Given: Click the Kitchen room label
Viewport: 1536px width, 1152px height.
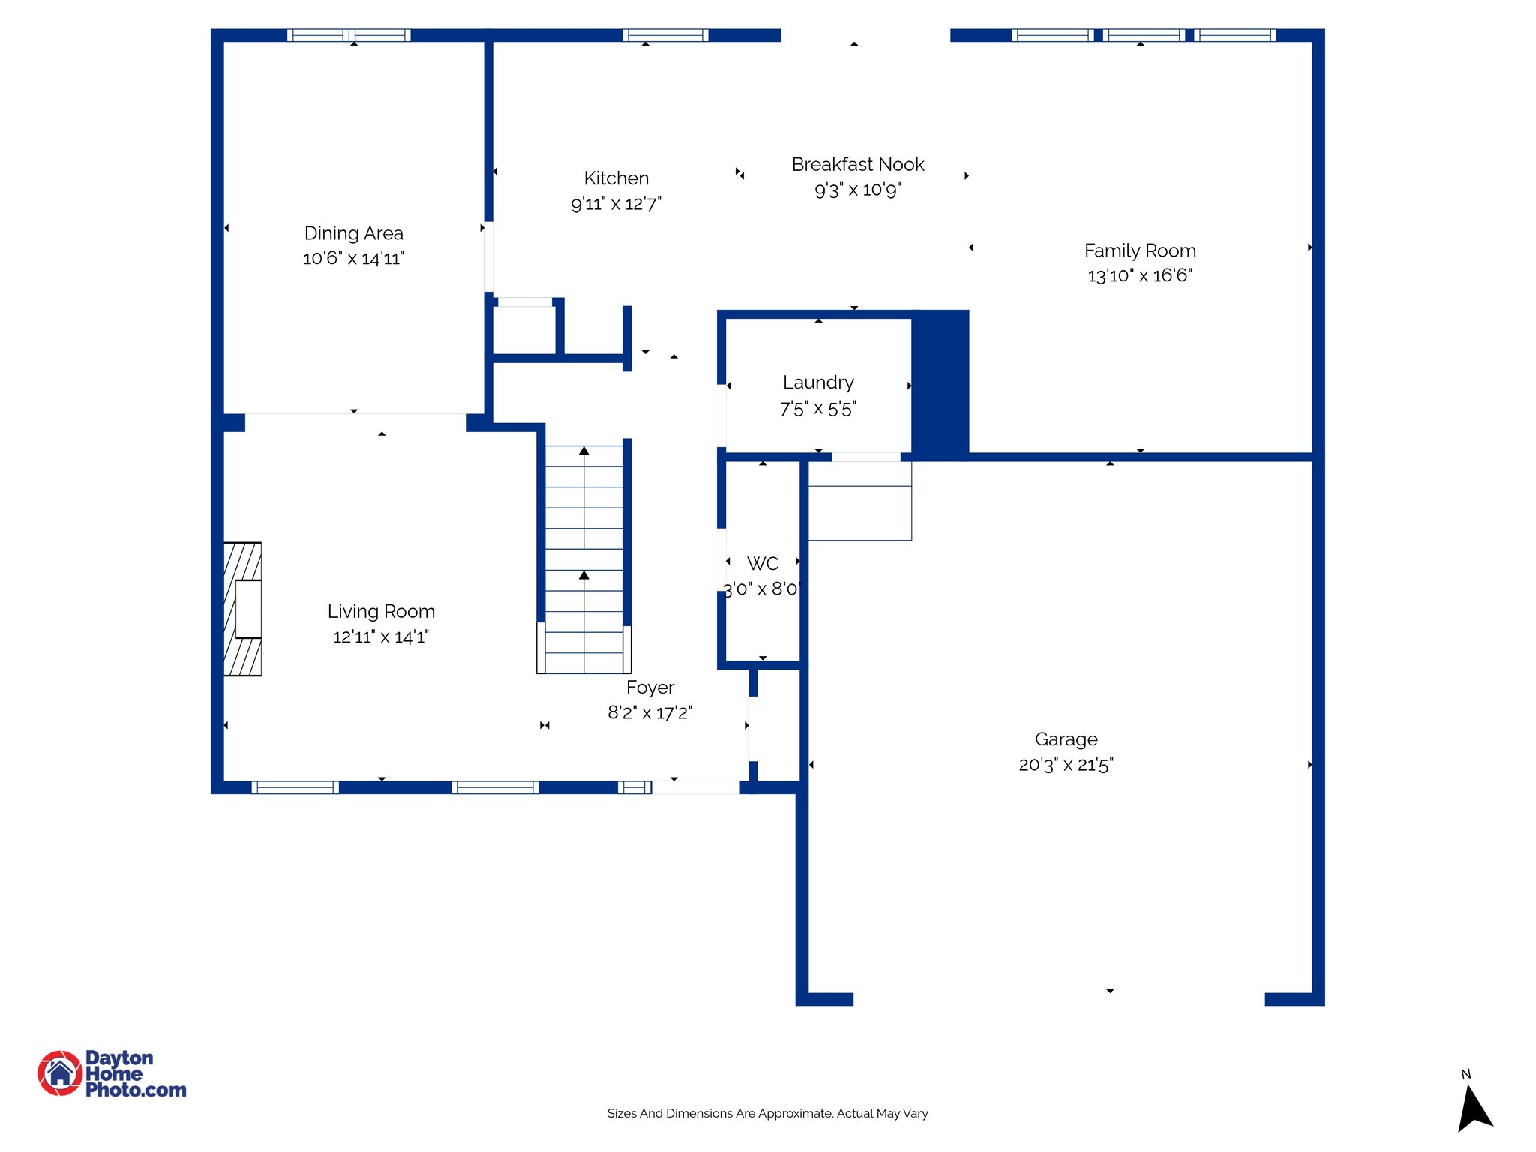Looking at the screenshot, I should (x=616, y=178).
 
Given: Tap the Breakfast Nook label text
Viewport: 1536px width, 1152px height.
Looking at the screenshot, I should (x=857, y=164).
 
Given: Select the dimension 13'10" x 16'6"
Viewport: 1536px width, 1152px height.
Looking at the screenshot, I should (x=1139, y=275).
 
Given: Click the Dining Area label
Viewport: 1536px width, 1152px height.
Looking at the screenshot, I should (x=353, y=233).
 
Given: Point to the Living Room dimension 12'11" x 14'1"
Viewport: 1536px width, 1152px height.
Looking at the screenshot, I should (x=380, y=637).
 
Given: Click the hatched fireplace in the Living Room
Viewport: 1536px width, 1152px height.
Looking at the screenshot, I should (x=242, y=609).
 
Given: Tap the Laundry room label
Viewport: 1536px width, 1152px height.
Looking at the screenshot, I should (x=817, y=382).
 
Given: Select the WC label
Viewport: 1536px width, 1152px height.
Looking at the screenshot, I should (x=762, y=563).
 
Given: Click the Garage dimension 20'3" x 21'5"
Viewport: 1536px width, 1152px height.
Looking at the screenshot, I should (x=1066, y=764).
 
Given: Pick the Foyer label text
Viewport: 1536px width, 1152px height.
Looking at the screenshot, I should (x=649, y=688).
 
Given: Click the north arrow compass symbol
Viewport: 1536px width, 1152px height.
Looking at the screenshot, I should (x=1473, y=1109).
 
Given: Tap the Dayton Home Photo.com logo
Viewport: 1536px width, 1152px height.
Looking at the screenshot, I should (x=112, y=1073).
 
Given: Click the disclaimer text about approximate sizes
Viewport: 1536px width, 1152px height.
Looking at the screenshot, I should (x=767, y=1113).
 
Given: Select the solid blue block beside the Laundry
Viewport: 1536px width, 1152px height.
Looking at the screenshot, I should (x=940, y=384).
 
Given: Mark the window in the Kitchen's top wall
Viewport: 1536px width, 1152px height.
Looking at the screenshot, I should (x=665, y=35).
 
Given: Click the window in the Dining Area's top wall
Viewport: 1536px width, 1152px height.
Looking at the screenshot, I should (x=349, y=35).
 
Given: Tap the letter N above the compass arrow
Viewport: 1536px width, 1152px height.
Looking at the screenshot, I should (x=1465, y=1074).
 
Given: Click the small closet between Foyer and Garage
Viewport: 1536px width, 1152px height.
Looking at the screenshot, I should (x=778, y=726).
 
